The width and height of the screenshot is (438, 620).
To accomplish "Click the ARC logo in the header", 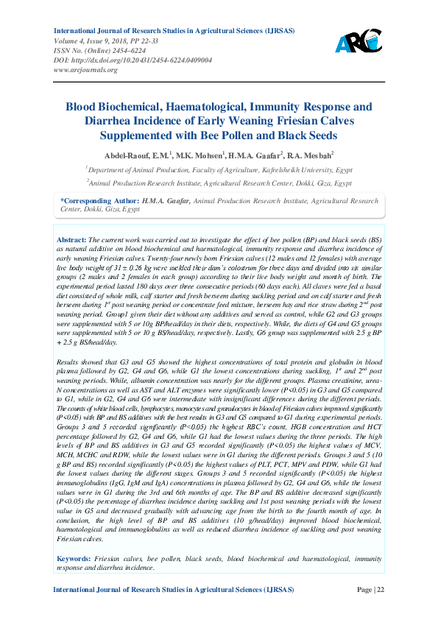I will (358, 41).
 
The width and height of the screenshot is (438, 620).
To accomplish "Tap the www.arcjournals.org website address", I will (86, 69).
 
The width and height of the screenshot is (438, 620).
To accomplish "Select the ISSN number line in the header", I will (100, 50).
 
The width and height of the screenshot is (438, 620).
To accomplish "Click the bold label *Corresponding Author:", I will (99, 200).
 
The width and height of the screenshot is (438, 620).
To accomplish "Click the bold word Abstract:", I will (71, 240).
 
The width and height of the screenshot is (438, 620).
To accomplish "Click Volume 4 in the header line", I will (71, 40).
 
